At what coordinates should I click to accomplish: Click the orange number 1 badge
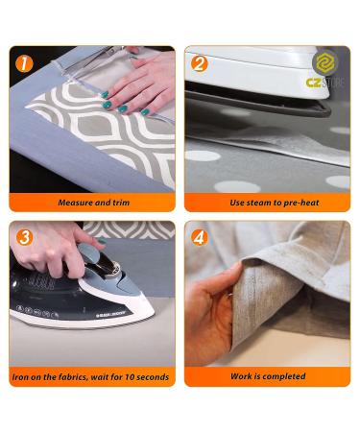24,63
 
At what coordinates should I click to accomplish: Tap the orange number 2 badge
200,63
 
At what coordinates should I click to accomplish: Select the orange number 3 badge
24,237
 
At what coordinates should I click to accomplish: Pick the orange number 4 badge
200,237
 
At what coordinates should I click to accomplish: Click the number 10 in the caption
130,376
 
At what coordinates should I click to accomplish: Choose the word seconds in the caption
153,376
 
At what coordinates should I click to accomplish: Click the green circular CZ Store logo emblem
325,62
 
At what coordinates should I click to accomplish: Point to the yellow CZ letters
314,83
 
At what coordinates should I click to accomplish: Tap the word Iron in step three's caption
20,376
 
